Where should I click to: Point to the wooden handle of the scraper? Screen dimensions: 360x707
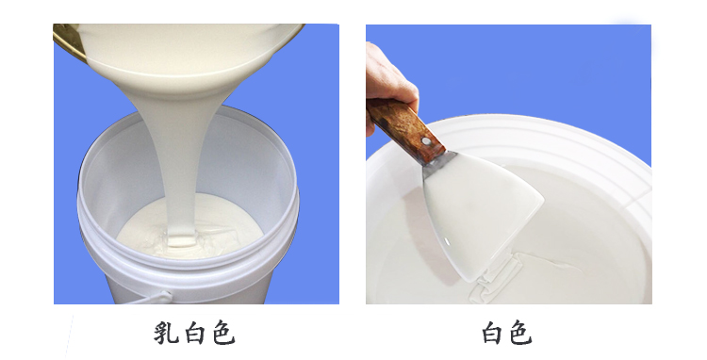401,127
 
